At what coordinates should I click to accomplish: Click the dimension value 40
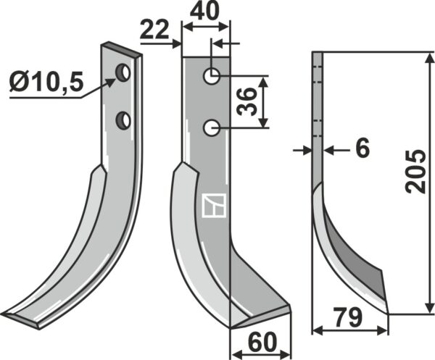(204, 11)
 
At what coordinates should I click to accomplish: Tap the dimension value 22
(154, 29)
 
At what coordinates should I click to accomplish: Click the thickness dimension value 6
(362, 148)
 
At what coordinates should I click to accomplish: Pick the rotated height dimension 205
(415, 172)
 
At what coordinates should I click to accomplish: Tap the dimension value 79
(348, 317)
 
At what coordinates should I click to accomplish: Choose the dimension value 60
(262, 342)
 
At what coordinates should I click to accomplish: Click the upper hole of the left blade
(123, 73)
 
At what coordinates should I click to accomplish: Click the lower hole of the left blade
(123, 120)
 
